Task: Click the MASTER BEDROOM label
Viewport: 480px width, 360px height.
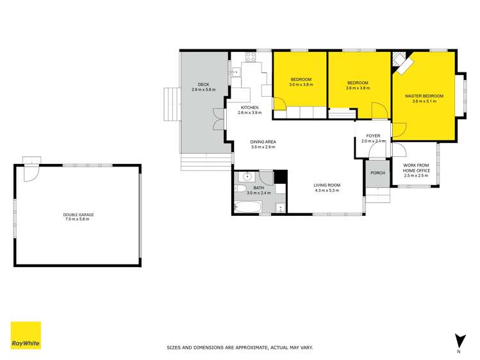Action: pos(424,96)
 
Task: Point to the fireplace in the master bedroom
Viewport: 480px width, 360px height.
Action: pos(402,61)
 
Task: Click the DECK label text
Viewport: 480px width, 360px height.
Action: pos(203,85)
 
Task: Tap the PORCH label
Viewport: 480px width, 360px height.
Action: pos(377,173)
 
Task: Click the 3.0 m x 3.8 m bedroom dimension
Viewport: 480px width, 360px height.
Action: pos(301,85)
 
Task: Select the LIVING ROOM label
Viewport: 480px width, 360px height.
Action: pos(327,185)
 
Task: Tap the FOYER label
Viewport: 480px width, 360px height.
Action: pos(373,136)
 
